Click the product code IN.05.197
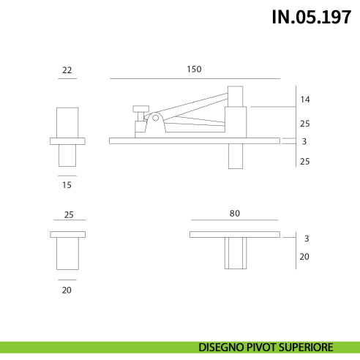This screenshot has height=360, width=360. click(x=312, y=18)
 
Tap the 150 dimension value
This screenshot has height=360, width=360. click(x=194, y=69)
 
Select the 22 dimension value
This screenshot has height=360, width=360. click(x=67, y=70)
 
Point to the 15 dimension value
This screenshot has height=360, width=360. click(x=67, y=185)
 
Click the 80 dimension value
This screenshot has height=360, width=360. click(x=234, y=214)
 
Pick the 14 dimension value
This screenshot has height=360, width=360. click(x=305, y=100)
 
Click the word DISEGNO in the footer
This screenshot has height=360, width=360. click(x=222, y=347)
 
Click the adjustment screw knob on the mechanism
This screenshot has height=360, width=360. click(x=140, y=110)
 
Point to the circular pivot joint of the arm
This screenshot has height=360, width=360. click(x=155, y=117)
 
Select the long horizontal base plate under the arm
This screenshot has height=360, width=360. click(x=194, y=140)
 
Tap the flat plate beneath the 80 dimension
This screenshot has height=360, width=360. click(x=234, y=234)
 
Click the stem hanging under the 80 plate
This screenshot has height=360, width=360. click(x=234, y=253)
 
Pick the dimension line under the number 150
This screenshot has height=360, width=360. click(x=194, y=78)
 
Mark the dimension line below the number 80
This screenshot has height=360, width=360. click(x=234, y=220)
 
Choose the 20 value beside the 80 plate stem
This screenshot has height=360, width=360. click(x=305, y=257)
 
